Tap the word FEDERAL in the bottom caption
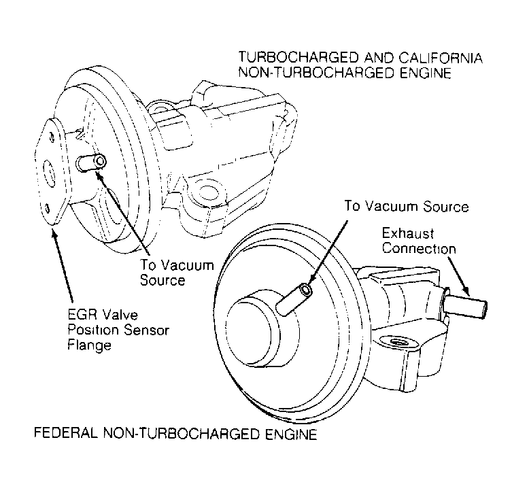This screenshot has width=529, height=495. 58,432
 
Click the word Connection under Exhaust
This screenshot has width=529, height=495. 417,249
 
